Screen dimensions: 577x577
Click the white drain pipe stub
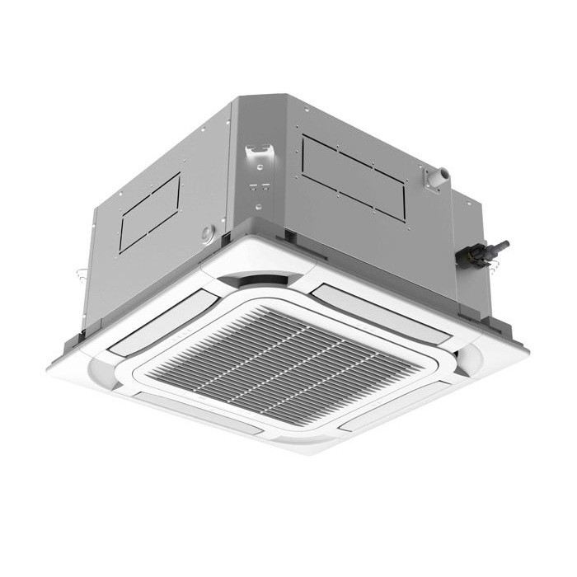pos(439,176)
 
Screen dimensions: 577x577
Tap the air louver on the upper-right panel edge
pos(382,304)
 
